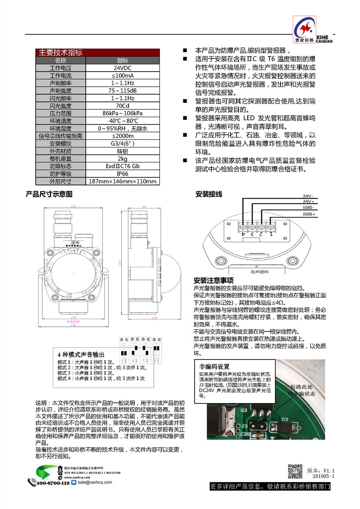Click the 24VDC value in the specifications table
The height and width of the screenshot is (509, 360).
123,68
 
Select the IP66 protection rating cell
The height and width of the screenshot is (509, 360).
123,174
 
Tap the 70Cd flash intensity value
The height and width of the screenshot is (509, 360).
123,105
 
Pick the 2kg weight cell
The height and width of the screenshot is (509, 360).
123,159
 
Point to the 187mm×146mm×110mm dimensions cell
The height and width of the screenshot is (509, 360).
123,181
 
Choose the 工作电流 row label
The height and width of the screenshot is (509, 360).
61,75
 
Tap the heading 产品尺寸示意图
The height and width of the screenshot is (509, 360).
49,194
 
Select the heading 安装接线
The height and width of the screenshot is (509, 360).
209,194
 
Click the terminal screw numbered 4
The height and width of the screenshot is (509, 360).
243,226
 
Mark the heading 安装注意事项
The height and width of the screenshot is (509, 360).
213,280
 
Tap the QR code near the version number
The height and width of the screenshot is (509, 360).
296,472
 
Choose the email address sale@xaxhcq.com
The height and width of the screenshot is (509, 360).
95,482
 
